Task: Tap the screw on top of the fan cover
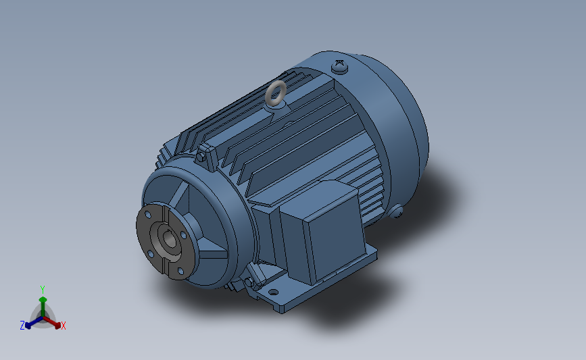(x=340, y=67)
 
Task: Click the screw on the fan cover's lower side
(x=395, y=211)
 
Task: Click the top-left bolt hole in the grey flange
(x=148, y=215)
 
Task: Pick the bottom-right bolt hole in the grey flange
(x=180, y=271)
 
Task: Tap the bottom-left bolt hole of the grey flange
(x=150, y=254)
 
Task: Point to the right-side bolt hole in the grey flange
(x=183, y=235)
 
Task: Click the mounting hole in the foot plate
(x=274, y=292)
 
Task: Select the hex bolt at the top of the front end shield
(x=201, y=157)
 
